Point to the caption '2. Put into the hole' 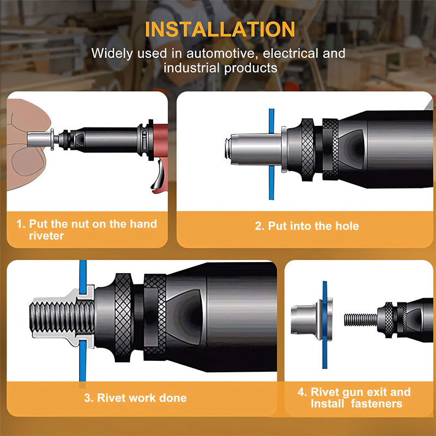pos(307,226)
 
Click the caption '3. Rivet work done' pos(136,398)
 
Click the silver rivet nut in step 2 pos(248,148)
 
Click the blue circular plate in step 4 pos(324,319)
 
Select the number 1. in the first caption pos(20,224)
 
